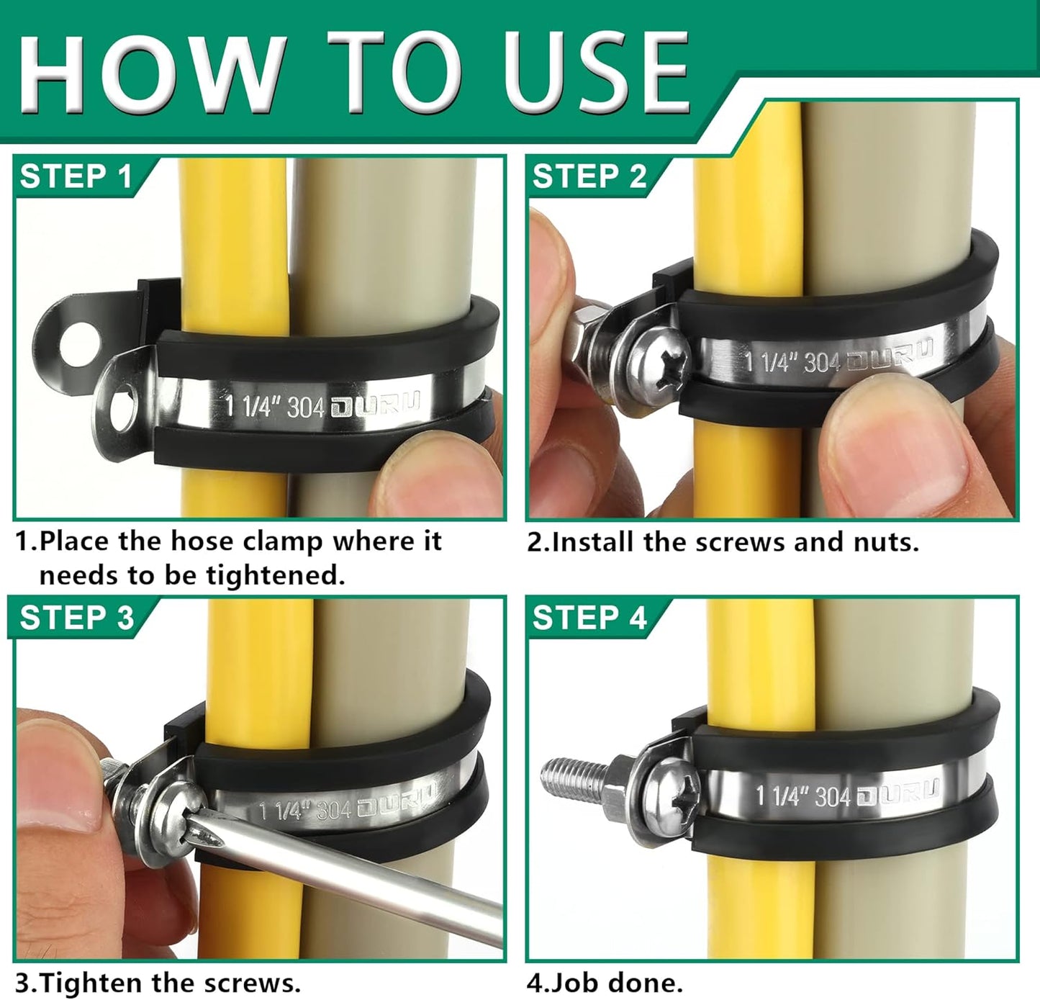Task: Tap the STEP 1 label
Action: [76, 176]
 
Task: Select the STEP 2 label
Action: [589, 176]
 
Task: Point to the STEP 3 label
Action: [76, 618]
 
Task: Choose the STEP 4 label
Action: [589, 618]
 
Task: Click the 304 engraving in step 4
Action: [833, 796]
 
